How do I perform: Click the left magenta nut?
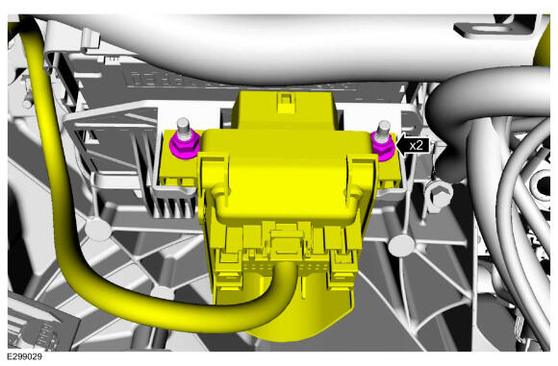(185, 146)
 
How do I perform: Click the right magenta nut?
(383, 147)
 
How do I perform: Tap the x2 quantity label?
(416, 146)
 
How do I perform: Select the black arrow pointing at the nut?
(413, 146)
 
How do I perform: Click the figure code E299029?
(24, 356)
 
